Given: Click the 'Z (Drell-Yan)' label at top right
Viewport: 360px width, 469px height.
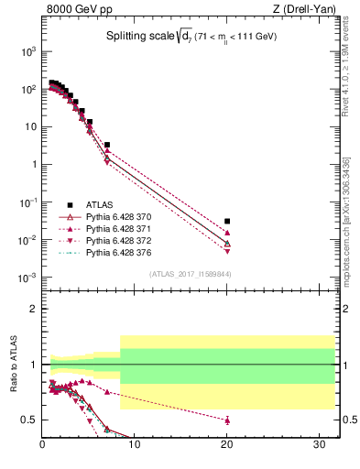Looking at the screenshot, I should (303, 11).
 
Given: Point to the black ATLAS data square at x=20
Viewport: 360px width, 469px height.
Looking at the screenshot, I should (227, 221).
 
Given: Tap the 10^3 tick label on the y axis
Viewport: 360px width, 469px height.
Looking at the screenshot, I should (27, 51).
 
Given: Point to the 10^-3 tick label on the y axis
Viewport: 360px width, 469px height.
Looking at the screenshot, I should (27, 277).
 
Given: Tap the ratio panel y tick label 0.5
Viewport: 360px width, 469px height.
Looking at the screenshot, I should (29, 420).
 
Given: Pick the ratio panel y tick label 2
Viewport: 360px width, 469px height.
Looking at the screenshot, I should (33, 309).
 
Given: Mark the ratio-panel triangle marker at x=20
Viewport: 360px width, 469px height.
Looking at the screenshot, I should (227, 420).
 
